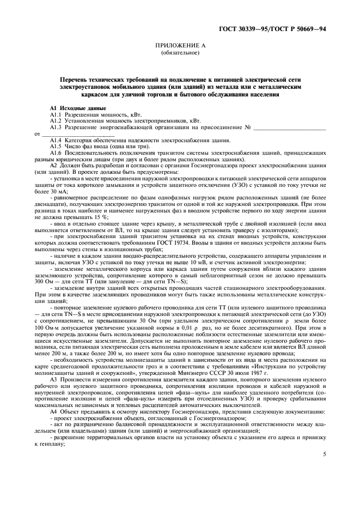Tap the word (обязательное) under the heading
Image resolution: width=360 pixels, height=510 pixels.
180,54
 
